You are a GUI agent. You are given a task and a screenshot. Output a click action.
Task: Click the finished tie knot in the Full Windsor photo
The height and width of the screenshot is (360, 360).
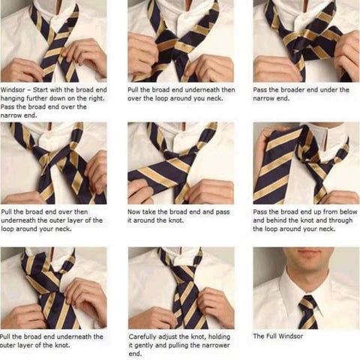[307, 304]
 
